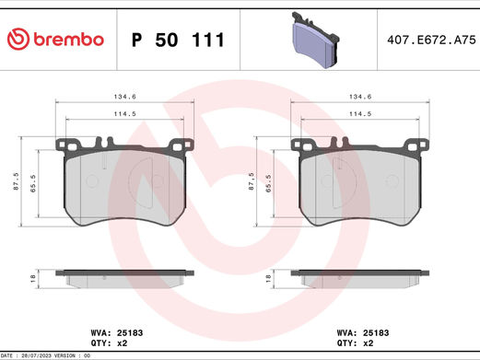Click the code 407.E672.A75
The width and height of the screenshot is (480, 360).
coord(431,40)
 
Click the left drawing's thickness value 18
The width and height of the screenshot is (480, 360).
coord(33,276)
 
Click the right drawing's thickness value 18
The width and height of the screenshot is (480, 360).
coord(268,276)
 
